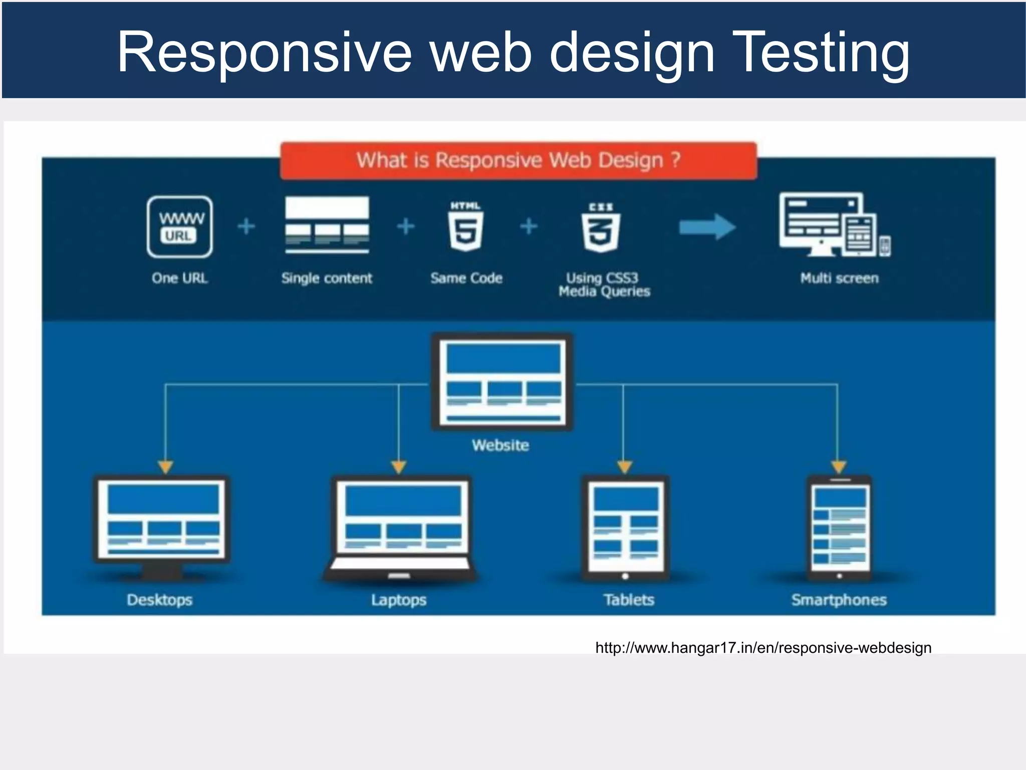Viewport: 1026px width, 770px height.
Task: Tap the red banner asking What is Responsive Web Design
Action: coord(519,160)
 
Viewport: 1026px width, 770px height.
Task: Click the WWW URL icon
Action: coord(180,227)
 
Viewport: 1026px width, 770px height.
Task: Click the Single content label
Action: coord(327,278)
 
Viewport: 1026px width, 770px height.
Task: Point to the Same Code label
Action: coord(466,278)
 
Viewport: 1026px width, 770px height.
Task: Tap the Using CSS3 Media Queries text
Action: coord(604,284)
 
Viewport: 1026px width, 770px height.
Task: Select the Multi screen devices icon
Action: coord(834,225)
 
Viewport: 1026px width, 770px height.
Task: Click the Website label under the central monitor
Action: coord(500,445)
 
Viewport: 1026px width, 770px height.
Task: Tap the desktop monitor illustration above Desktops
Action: coord(162,526)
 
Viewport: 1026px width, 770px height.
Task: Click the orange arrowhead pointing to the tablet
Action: coord(624,467)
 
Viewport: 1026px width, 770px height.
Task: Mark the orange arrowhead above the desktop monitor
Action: coord(165,467)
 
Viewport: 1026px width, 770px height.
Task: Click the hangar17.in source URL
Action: coord(763,648)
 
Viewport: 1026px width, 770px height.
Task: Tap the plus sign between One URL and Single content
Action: coord(246,226)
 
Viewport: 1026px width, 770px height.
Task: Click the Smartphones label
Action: coord(839,600)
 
